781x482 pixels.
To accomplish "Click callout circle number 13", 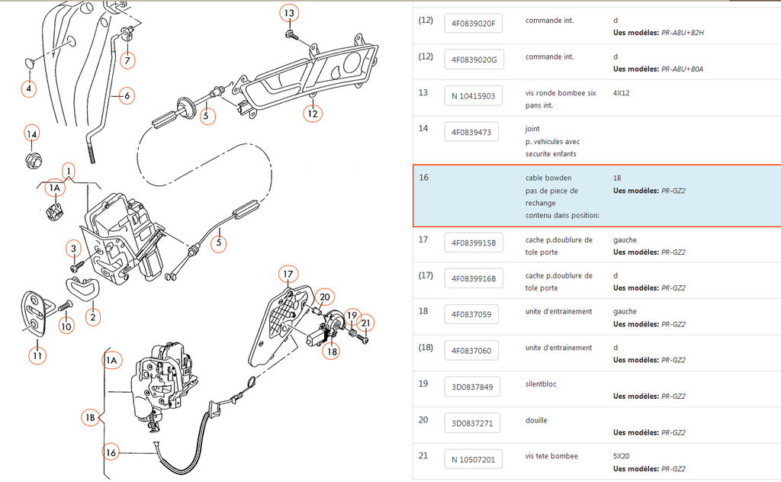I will tap(288, 14).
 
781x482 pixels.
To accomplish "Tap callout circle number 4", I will tap(29, 88).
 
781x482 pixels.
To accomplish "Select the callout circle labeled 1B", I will tap(90, 417).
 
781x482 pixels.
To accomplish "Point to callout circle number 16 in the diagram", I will tap(112, 452).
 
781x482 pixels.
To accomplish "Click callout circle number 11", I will tap(37, 355).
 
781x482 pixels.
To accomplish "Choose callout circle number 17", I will tap(287, 274).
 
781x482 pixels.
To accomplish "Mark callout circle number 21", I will tap(366, 323).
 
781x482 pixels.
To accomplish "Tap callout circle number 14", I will tap(31, 134).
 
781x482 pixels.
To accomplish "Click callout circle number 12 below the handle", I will tap(312, 114).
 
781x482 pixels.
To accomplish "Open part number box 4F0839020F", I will tap(473, 23).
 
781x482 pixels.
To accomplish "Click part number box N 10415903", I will tap(473, 96).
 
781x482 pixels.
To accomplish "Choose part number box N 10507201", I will tap(473, 459).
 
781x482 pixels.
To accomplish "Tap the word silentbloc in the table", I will tap(542, 384).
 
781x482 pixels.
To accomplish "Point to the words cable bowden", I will tap(548, 178).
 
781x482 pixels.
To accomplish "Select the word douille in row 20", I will tap(537, 420).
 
